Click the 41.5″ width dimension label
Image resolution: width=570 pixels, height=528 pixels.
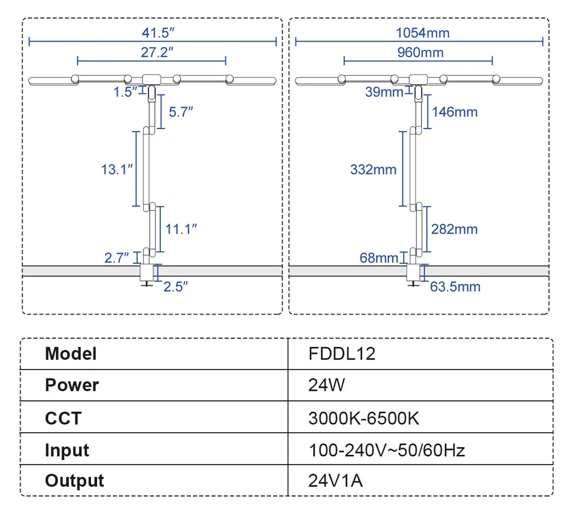coord(158,33)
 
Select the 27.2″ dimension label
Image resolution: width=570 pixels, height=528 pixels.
coord(157,52)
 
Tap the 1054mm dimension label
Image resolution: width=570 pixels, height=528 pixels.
coord(422,33)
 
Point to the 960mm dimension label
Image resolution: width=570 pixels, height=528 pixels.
coord(420,52)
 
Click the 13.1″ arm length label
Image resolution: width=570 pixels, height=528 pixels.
coord(116,169)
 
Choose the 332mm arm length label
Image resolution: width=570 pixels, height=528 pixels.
coord(373,169)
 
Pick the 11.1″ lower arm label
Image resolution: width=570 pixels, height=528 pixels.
coord(181,229)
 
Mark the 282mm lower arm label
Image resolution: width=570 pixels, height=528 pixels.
coord(454,229)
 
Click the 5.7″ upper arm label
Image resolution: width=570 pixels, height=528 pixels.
coord(181,112)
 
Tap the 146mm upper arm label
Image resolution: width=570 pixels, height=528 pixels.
coord(454,112)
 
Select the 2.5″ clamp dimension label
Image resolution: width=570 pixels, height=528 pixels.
coord(176,286)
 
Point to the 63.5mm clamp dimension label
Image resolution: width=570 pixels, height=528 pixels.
coord(455,286)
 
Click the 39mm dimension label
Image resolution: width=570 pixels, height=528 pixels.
coord(383,92)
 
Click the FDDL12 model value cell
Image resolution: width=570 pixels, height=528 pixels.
coord(342,354)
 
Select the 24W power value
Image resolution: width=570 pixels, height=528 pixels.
coord(326,385)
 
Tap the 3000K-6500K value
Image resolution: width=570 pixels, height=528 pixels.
coord(363,418)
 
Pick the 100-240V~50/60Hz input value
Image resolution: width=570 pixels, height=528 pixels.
coord(387,450)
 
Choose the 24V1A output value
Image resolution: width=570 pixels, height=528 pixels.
coord(335,480)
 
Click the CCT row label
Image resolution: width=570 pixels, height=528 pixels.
coord(63,418)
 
